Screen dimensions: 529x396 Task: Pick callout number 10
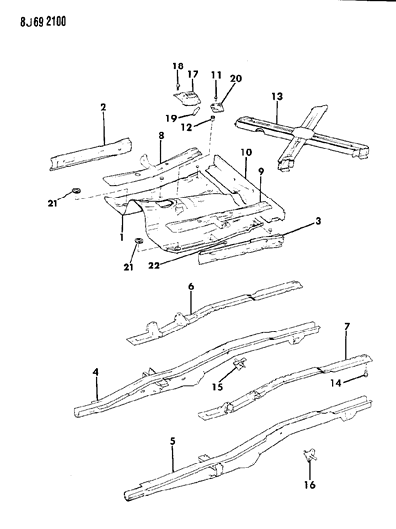pos(244,154)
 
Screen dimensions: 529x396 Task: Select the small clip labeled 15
pos(240,368)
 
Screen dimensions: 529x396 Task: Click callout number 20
pos(236,79)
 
